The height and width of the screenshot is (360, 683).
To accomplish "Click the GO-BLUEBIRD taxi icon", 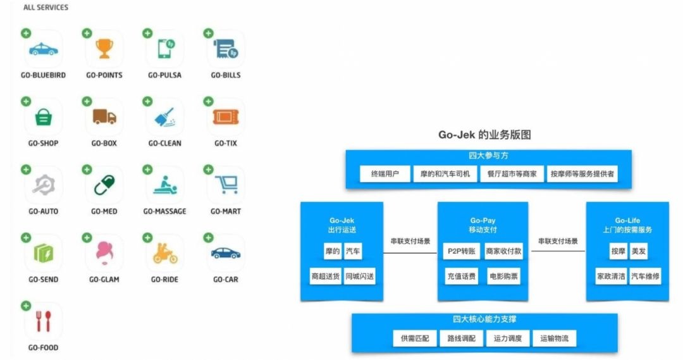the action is tap(44, 49).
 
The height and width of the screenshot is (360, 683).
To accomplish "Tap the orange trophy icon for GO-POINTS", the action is tap(104, 48).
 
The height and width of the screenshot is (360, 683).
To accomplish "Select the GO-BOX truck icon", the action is tap(104, 117).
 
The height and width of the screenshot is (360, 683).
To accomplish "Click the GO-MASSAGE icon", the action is tap(164, 185).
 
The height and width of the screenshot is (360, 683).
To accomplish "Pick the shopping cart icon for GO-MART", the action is tap(226, 184).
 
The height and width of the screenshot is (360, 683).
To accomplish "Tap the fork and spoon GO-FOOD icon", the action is tap(44, 321).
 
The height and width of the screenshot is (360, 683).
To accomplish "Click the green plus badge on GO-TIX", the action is tap(208, 102).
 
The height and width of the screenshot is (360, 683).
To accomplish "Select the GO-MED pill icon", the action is tap(104, 185).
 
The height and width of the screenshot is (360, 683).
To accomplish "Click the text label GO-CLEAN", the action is tap(164, 144).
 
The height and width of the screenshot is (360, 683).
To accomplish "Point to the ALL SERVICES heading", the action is tap(46, 8).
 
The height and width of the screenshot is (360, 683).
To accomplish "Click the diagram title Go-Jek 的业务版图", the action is tap(484, 135).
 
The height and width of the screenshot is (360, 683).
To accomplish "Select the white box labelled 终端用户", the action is tap(385, 174).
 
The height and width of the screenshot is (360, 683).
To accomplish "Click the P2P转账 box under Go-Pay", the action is tap(461, 251).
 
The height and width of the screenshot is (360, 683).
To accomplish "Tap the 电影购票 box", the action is tap(503, 276).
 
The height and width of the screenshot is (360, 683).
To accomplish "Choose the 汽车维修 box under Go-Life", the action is tap(645, 276).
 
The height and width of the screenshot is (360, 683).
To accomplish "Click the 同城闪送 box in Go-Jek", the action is tap(359, 276).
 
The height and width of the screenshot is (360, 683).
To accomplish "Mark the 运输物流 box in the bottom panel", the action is tap(554, 338).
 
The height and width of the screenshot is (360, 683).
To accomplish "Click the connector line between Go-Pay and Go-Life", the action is tap(558, 251).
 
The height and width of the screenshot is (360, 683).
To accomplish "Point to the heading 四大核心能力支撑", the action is tap(484, 320).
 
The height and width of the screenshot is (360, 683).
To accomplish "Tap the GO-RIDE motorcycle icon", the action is tap(165, 253).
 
